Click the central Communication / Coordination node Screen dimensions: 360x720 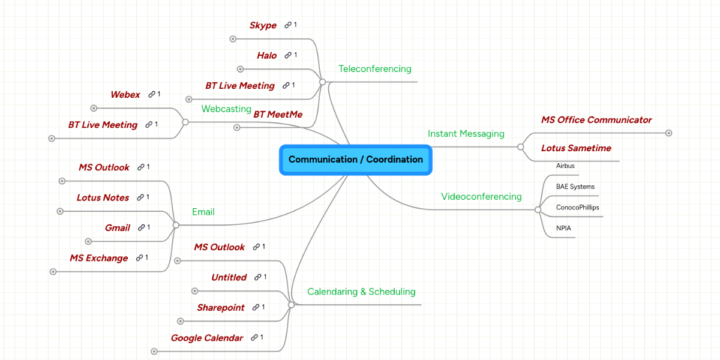[x=355, y=160]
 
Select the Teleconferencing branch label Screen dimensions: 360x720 [x=375, y=68]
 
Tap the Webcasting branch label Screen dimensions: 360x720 [x=226, y=109]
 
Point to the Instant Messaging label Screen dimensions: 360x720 [x=466, y=134]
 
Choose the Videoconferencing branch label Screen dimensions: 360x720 [x=481, y=196]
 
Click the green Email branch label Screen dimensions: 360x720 [x=203, y=212]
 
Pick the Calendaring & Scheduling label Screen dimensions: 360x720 [x=361, y=292]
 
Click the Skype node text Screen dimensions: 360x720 [x=263, y=25]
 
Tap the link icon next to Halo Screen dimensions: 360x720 [x=288, y=55]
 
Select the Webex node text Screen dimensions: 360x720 [x=125, y=95]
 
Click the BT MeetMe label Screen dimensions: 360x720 [x=278, y=114]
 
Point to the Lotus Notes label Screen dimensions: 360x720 [x=103, y=197]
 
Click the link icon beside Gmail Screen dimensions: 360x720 [x=142, y=228]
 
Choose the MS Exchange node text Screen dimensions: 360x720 [x=98, y=258]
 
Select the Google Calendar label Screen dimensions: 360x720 [x=206, y=338]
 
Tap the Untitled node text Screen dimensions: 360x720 [x=229, y=277]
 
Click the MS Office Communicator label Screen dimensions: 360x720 [x=596, y=120]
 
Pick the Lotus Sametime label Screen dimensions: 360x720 [x=575, y=148]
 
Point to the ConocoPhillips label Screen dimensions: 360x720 [x=577, y=208]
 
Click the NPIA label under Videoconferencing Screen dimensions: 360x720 [x=563, y=229]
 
